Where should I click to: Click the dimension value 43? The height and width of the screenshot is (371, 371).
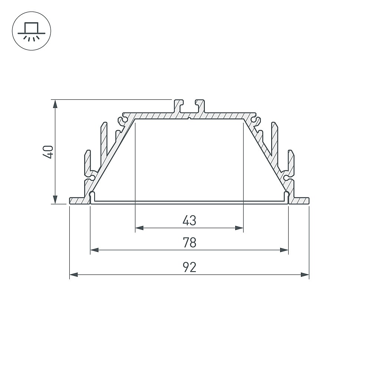point(189,220)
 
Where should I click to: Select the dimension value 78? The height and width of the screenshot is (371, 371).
point(189,243)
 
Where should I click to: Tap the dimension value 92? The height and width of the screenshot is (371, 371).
point(189,267)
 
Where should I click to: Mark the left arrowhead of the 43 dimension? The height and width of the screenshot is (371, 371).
point(139,228)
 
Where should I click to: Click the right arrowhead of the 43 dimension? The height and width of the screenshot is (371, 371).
point(239,228)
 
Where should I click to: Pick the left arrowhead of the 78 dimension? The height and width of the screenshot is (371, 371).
point(95,250)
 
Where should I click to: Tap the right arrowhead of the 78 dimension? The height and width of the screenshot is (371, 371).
point(284,250)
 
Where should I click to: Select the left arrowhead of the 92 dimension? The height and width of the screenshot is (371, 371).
point(74,275)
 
